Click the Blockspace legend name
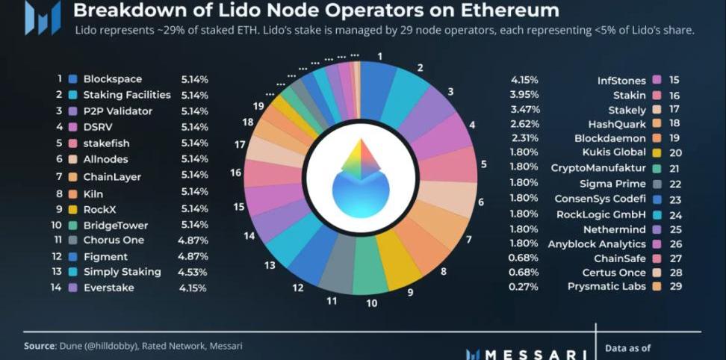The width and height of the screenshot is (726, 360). (x=112, y=79)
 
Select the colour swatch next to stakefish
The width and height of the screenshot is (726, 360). (x=73, y=143)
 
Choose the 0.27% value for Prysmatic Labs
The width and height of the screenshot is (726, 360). (x=524, y=286)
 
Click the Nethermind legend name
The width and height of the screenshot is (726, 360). (x=614, y=229)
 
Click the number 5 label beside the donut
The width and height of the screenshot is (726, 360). (x=483, y=164)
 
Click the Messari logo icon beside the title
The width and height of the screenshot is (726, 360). (x=43, y=19)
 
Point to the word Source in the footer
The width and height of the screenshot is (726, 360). (x=40, y=346)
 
